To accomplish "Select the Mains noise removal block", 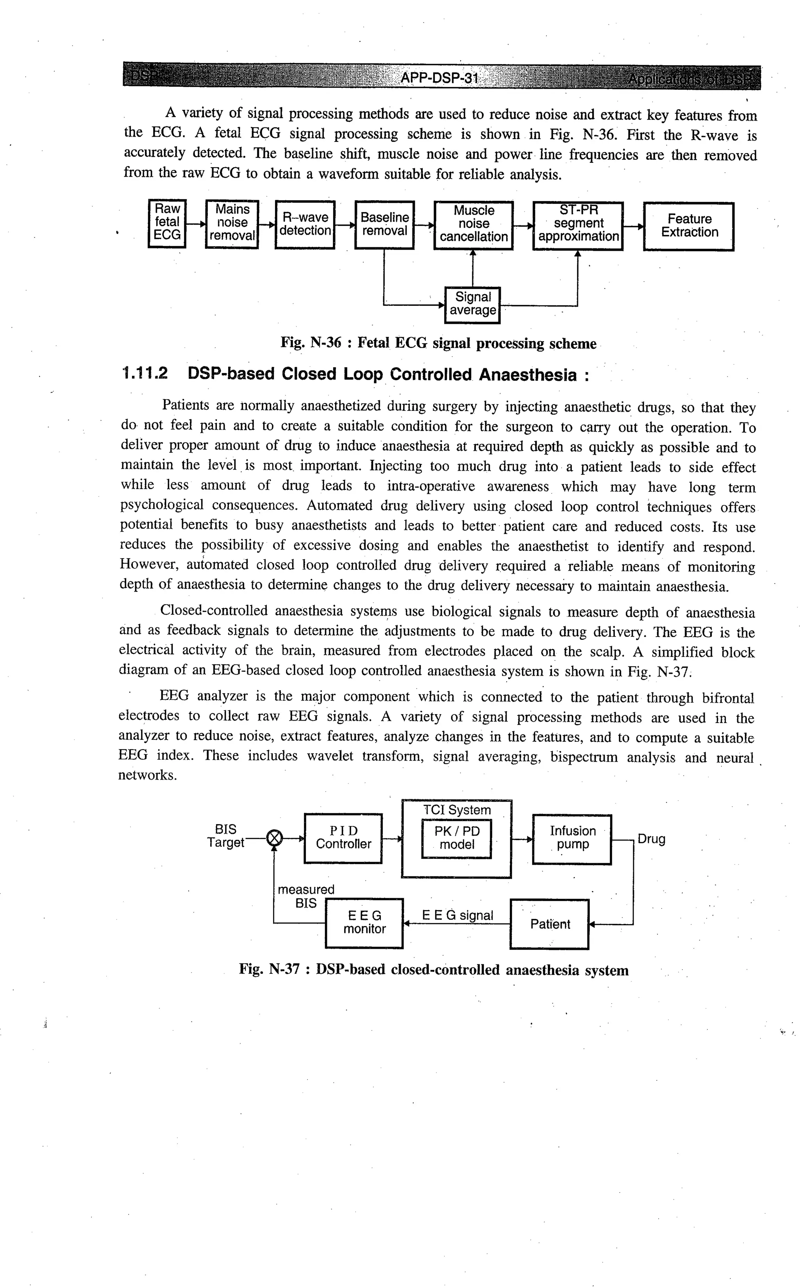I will point(232,223).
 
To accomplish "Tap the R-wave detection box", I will point(305,224).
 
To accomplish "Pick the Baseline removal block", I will point(384,224).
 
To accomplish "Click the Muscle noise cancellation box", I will point(473,224).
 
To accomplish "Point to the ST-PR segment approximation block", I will point(578,224).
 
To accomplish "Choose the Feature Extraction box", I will point(689,226).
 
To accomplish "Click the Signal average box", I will point(473,304).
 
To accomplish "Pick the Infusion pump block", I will point(572,839).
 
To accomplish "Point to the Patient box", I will point(550,924).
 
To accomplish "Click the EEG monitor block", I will point(364,923).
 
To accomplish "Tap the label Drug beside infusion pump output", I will point(651,839).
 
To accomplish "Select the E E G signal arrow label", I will point(457,915).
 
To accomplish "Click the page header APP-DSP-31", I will point(439,78).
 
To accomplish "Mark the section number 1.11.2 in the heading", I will point(145,374).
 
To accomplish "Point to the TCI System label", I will point(457,810).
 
